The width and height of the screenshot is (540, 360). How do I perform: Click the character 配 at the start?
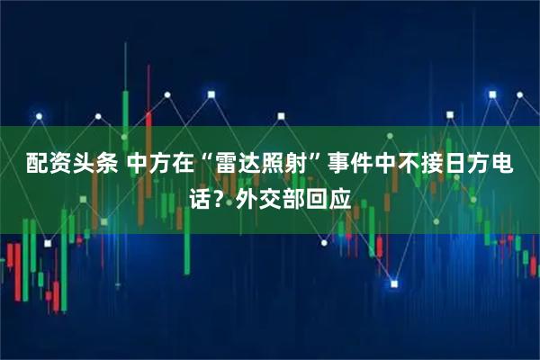[x=36, y=165]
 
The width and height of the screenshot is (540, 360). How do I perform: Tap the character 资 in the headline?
[x=60, y=165]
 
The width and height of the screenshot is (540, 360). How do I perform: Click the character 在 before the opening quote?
[x=187, y=165]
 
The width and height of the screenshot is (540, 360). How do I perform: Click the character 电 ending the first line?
[x=501, y=165]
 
